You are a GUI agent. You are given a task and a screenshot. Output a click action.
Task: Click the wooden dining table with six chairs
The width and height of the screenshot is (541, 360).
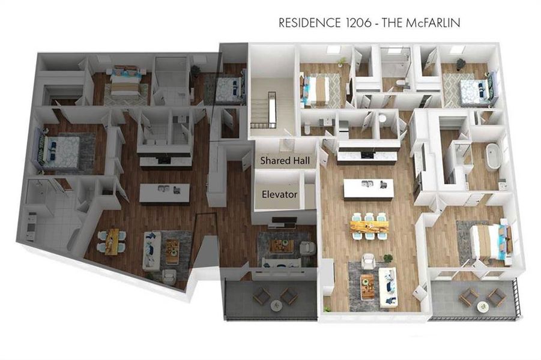[x=370, y=226]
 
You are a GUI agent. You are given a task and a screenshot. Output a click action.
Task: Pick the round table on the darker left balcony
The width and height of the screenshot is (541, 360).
[x=276, y=305]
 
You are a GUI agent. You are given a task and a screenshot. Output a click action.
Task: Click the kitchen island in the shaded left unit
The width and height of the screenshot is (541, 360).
[x=165, y=192]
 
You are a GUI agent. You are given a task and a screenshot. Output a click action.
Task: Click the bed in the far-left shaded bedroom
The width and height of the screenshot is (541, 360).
[x=60, y=148]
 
